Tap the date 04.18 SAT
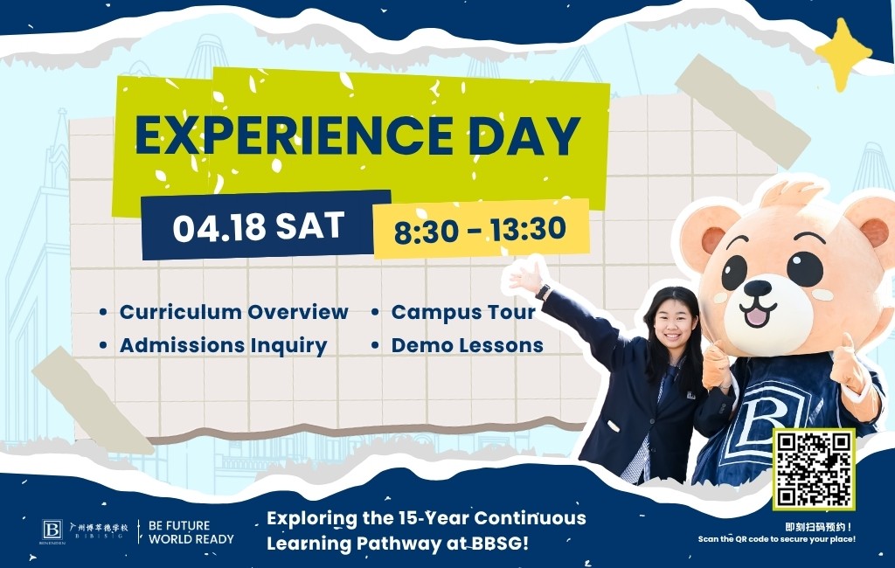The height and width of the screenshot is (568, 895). tap(258, 227)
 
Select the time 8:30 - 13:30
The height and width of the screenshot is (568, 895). tap(480, 229)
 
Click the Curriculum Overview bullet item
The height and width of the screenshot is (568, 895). tap(233, 312)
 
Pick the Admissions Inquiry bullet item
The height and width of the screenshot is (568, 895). tap(223, 345)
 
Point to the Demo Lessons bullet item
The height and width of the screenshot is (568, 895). tap(467, 345)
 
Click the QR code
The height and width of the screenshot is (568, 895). tap(814, 469)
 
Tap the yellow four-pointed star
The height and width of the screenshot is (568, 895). tap(843, 54)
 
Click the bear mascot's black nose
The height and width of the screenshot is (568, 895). tap(757, 288)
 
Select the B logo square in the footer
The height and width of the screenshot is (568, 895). tap(52, 530)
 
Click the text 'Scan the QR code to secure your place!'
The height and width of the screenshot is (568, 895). tap(777, 539)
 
